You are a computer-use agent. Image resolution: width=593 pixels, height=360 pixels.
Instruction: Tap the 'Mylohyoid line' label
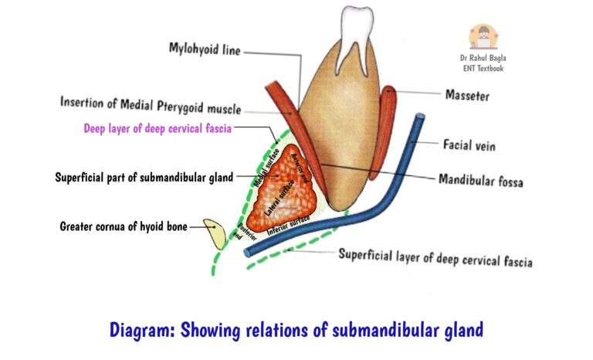[x=205, y=49]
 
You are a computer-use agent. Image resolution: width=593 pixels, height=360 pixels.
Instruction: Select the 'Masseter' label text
[x=466, y=96]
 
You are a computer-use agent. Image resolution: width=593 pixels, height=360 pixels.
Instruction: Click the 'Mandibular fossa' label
[x=480, y=182]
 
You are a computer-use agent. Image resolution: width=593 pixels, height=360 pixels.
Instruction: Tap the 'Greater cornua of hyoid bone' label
[x=123, y=226]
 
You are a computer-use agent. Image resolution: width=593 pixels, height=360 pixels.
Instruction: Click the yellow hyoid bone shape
[x=215, y=233]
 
